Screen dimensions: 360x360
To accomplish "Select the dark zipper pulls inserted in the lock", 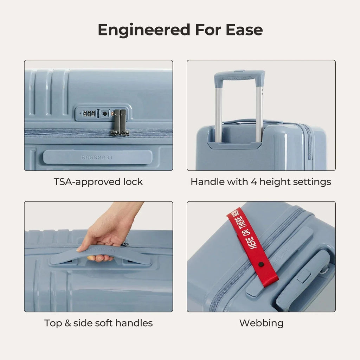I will (120, 122).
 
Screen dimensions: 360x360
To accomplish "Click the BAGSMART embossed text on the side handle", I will (97, 157).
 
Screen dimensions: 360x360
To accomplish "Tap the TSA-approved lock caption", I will (98, 182).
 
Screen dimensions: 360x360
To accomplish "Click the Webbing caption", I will (261, 323).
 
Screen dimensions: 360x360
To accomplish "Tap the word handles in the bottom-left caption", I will (135, 323).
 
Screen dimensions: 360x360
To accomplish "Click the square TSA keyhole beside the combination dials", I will (104, 114).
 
